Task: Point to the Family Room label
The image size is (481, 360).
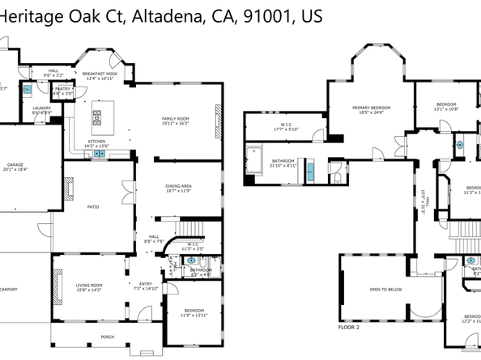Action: pos(175,119)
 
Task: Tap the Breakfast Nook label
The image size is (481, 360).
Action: pos(100,74)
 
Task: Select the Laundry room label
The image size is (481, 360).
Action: pos(41,108)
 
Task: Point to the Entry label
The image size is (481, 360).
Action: pos(146,285)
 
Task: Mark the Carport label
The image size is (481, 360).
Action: pos(9,288)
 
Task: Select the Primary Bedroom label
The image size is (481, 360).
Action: pos(367,108)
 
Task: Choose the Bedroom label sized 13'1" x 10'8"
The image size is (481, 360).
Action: pos(446,104)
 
